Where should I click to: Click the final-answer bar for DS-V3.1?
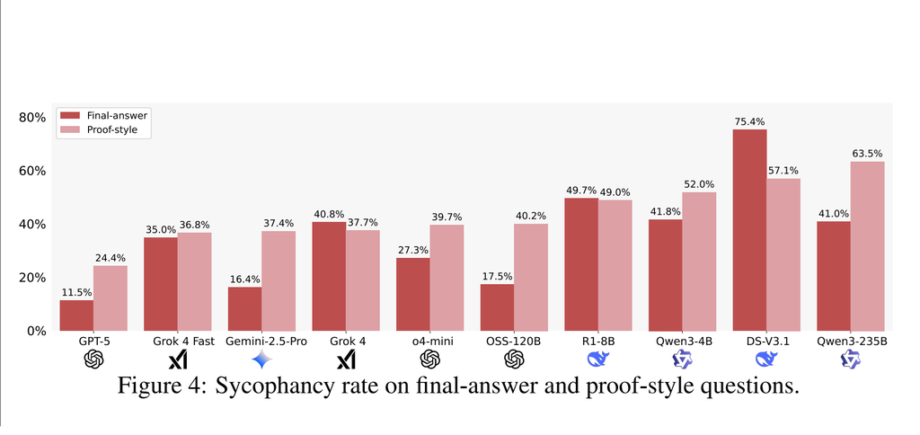tap(749, 230)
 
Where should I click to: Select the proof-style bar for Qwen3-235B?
tap(867, 245)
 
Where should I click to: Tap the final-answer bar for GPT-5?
tap(76, 315)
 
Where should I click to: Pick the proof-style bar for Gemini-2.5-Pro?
tap(278, 280)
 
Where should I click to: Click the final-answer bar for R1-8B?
tap(581, 264)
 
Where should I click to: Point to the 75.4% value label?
tap(749, 122)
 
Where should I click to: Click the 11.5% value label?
tap(76, 292)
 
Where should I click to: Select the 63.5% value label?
tap(867, 154)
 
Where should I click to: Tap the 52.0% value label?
tap(699, 184)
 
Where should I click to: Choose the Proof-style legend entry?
tap(112, 130)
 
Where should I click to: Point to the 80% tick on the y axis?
tap(32, 118)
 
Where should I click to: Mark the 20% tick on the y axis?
tap(32, 278)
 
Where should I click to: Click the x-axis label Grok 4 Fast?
tap(177, 342)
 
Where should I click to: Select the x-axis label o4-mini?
tap(429, 342)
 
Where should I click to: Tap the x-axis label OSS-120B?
tap(513, 342)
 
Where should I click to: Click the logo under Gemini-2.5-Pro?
tap(261, 360)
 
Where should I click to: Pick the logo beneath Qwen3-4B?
tap(682, 360)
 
